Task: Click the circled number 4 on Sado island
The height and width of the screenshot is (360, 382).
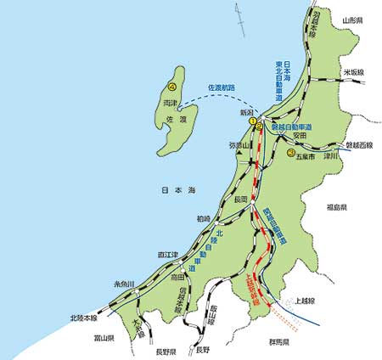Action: pyautogui.click(x=173, y=87)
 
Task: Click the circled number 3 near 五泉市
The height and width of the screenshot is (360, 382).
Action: pyautogui.click(x=291, y=153)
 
